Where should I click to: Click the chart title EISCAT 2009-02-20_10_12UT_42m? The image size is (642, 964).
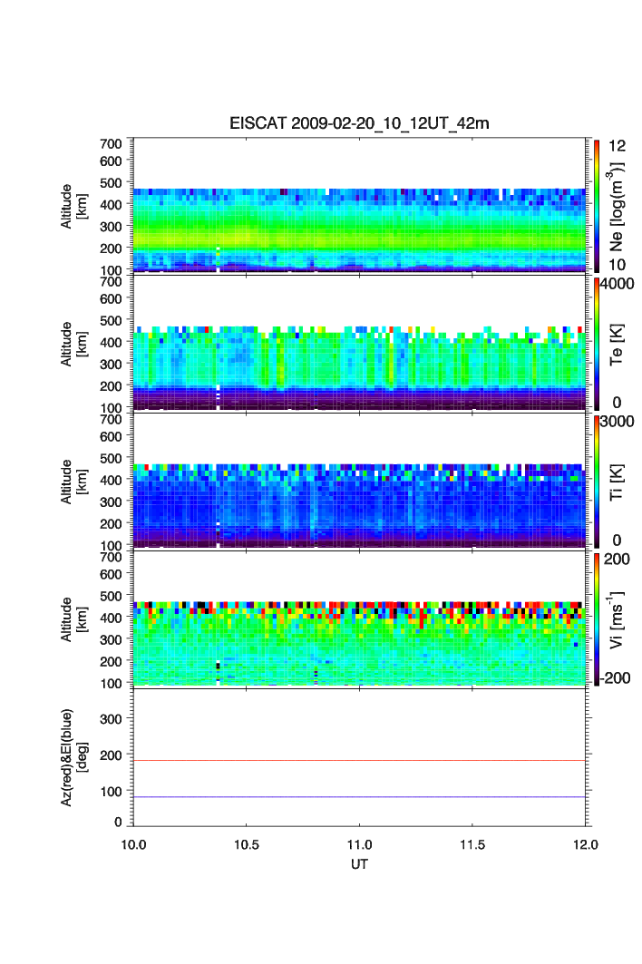pyautogui.click(x=360, y=123)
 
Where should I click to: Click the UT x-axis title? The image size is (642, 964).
pyautogui.click(x=360, y=864)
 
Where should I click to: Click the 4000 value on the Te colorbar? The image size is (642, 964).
pyautogui.click(x=615, y=284)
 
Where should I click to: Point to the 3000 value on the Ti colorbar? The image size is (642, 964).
pyautogui.click(x=615, y=422)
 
